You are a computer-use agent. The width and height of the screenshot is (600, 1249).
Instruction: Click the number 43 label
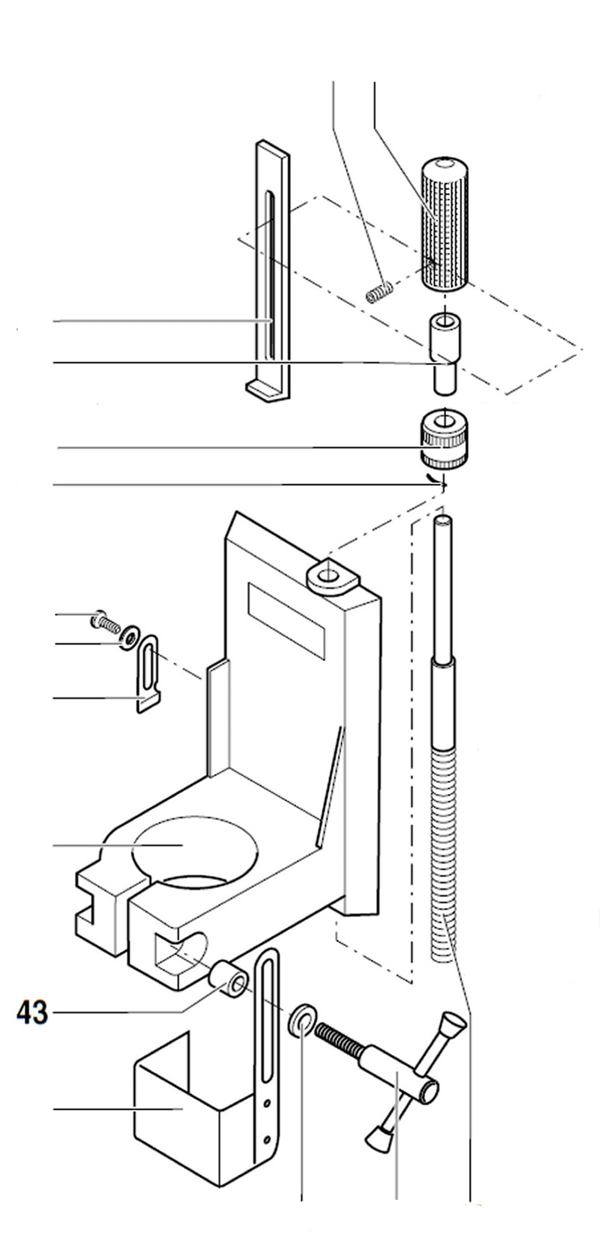(x=31, y=1012)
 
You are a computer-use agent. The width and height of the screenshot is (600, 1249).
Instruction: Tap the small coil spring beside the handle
(x=379, y=290)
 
